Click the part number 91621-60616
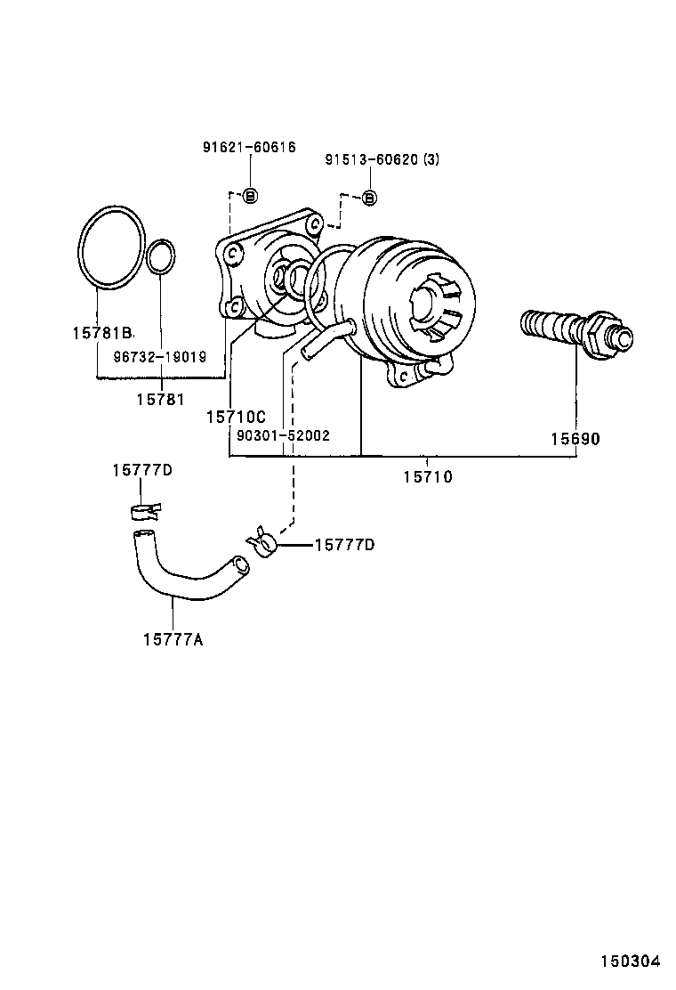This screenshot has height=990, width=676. [248, 147]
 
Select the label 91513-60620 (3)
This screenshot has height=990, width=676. [382, 160]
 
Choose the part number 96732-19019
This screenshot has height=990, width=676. [159, 356]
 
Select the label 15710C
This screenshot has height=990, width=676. [236, 417]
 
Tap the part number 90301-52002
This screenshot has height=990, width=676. [283, 435]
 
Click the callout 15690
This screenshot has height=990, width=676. [575, 439]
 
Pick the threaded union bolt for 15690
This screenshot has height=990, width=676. [576, 330]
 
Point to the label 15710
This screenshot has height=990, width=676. [427, 477]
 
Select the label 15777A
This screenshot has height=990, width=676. [173, 637]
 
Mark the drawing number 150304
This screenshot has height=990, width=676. [629, 962]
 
